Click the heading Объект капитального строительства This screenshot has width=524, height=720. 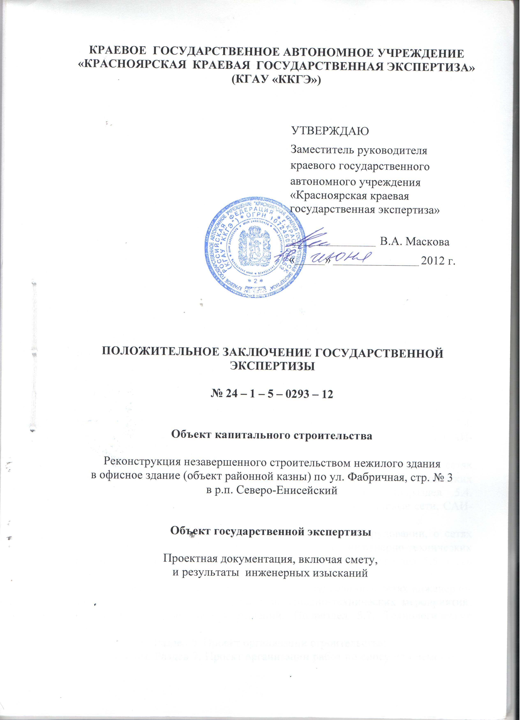pos(271,436)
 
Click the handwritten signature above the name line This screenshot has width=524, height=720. pos(321,238)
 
